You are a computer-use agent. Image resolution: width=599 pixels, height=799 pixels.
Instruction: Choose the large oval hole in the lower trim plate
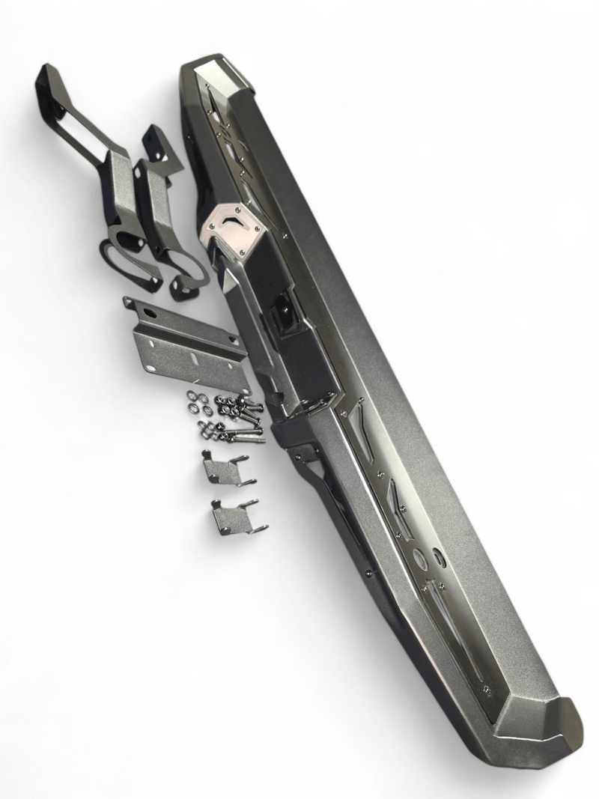click(419, 558)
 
